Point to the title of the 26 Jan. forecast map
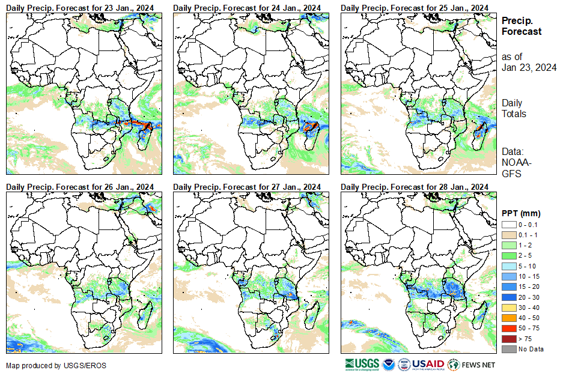(79, 187)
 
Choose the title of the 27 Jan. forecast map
(246, 187)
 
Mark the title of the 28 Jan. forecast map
(414, 187)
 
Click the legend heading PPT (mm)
(521, 213)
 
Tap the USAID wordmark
(427, 364)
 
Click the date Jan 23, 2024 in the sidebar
(529, 67)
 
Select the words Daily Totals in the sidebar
(514, 109)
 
